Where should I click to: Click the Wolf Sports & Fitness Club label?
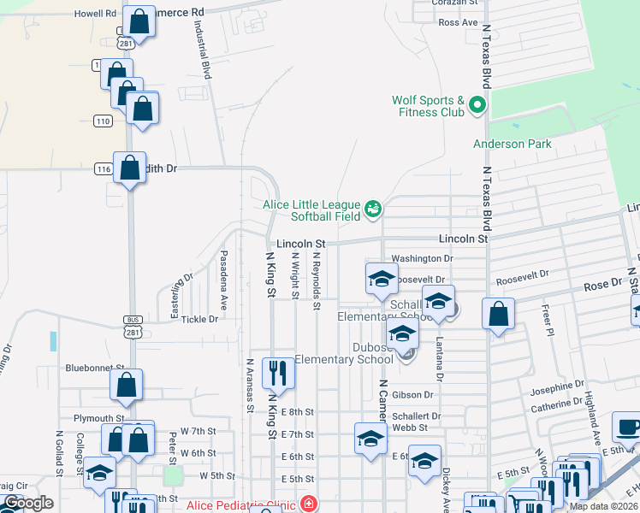coord(428,106)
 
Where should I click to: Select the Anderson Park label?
coord(513,144)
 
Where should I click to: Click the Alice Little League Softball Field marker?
coord(373,207)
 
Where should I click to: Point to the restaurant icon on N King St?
coord(277,372)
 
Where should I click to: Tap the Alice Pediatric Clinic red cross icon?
coord(308,504)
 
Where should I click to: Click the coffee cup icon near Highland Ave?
coord(628,427)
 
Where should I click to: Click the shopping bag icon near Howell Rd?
coord(139,21)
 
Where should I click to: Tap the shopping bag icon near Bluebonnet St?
coord(126,385)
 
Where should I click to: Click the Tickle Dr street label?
coord(200,319)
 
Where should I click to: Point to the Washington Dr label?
coord(421,258)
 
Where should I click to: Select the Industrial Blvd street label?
coord(202,52)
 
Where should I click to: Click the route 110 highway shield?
coord(104,121)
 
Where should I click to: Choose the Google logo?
coord(28,503)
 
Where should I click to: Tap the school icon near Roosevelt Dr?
coord(382,277)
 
